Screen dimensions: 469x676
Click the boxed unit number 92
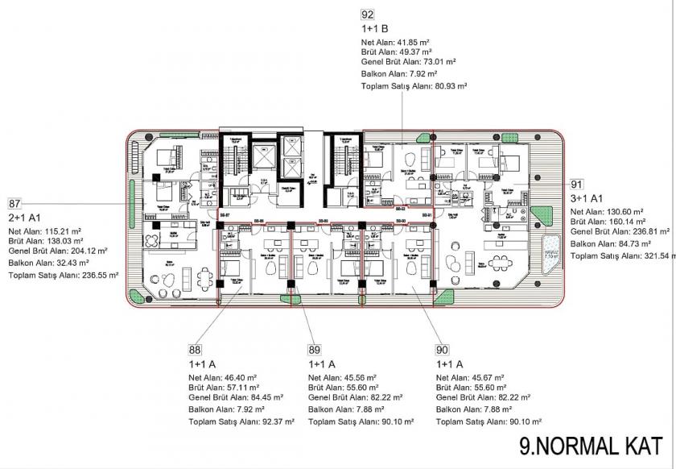[368, 15]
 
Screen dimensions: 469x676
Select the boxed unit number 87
[14, 204]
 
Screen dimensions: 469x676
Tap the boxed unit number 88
[195, 350]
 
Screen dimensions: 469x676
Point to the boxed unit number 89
[315, 350]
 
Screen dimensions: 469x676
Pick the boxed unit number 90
[441, 350]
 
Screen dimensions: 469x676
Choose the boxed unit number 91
[576, 184]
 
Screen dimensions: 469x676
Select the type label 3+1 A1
[587, 197]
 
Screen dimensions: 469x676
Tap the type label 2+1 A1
[25, 217]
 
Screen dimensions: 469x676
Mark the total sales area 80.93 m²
[447, 85]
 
